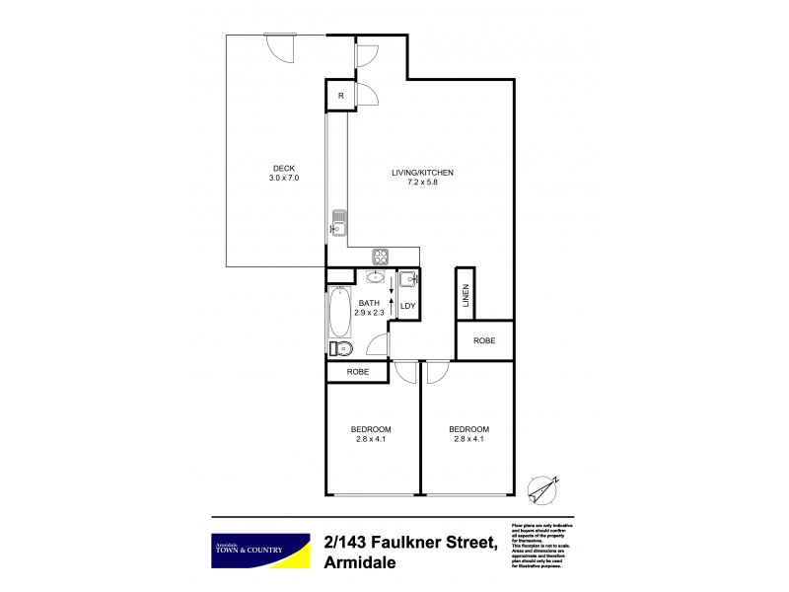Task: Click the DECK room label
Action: (283, 168)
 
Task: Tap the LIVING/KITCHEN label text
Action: (422, 174)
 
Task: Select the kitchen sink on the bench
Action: (337, 223)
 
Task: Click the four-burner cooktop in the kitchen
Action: (381, 257)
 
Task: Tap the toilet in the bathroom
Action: (340, 348)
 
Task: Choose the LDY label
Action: (407, 306)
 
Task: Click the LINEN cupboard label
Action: (465, 296)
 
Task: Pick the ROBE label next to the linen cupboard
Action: (483, 340)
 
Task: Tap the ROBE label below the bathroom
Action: (357, 372)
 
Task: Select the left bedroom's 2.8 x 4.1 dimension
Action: (371, 439)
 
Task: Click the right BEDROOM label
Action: (468, 428)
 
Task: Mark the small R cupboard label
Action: (340, 96)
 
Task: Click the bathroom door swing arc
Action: (375, 344)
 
